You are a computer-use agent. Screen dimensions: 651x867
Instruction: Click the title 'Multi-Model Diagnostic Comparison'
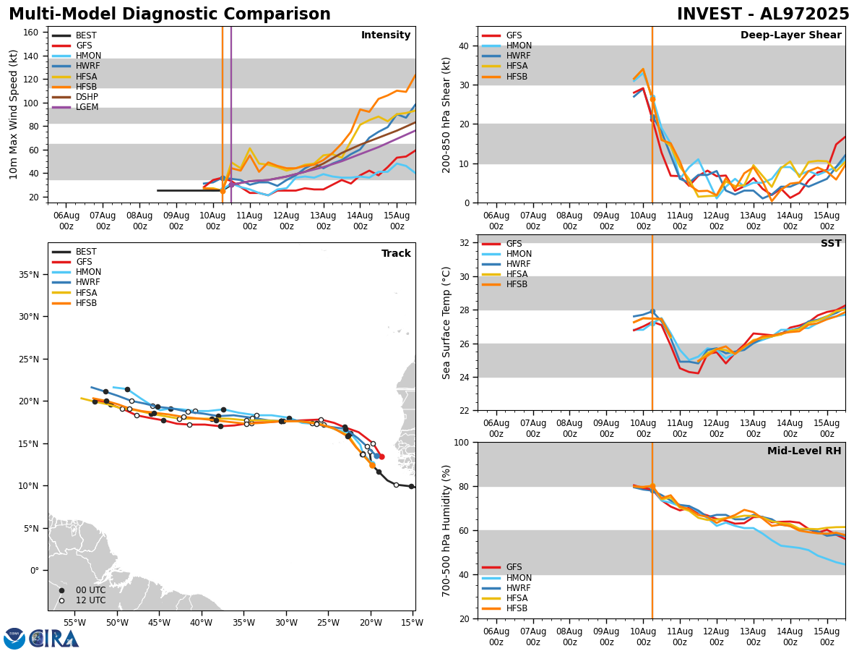(170, 14)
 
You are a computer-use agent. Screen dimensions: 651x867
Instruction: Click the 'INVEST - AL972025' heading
(763, 14)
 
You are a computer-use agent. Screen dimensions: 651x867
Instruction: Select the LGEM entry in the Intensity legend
(87, 107)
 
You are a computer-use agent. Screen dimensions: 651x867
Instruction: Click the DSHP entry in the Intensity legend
(87, 97)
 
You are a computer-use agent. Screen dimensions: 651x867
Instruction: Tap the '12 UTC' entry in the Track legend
(90, 600)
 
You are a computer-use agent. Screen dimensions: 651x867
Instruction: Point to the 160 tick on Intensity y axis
(33, 33)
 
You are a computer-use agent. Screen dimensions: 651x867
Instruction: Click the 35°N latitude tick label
(29, 275)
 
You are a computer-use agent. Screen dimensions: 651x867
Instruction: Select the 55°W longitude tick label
(74, 622)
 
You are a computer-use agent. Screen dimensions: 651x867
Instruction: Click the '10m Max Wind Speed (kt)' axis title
(13, 114)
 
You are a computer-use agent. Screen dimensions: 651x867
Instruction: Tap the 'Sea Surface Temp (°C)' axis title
(447, 323)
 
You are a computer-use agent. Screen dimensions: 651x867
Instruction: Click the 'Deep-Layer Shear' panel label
(790, 35)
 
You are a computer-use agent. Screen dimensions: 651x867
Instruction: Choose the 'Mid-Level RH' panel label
(804, 451)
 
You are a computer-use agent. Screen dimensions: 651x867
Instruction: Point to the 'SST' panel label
(831, 244)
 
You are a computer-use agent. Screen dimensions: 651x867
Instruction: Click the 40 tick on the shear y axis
(462, 46)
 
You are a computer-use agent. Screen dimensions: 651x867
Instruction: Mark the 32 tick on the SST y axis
(462, 242)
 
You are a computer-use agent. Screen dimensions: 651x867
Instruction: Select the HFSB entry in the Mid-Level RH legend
(516, 608)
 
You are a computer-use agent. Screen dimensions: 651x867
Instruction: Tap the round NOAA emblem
(14, 639)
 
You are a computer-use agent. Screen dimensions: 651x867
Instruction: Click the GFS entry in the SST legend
(513, 244)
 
